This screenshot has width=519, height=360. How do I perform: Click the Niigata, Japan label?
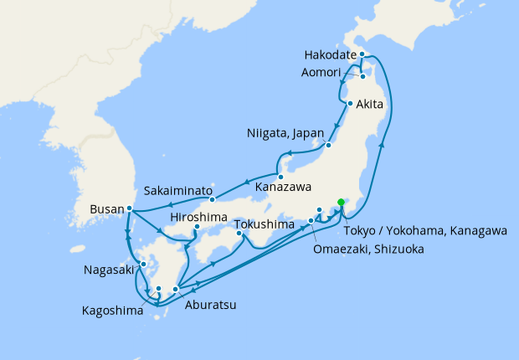(x=282, y=134)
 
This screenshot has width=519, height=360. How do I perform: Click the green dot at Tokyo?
(x=341, y=202)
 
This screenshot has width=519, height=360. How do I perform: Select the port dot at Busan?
(x=130, y=208)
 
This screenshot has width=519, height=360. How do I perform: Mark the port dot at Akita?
(x=349, y=104)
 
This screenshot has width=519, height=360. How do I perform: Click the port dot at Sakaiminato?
(x=213, y=199)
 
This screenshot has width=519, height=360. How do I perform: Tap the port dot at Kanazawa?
(x=281, y=177)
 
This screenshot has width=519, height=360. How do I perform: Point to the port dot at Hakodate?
(x=362, y=54)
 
